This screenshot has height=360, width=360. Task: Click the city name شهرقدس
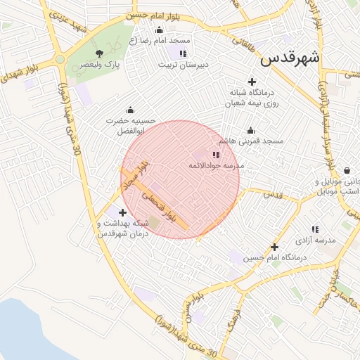point(290,58)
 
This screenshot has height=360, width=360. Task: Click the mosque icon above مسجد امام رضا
point(159,30)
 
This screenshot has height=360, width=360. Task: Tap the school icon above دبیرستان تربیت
point(183,53)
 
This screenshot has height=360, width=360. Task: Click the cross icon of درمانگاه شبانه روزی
point(252,82)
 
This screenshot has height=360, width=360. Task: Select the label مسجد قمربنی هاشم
point(255,141)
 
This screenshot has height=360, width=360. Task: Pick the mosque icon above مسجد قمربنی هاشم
point(250,130)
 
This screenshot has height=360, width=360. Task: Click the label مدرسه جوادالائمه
point(215,165)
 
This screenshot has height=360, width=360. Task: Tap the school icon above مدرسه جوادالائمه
point(216,154)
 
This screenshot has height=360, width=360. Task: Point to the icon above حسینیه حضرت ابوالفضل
point(130,110)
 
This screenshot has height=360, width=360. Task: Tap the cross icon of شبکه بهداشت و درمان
point(123,212)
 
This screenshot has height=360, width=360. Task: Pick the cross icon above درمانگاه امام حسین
point(274,247)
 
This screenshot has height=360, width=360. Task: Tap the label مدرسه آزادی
point(316,240)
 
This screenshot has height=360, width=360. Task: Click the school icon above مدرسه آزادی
point(315,229)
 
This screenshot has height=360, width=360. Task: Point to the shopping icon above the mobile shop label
point(347,170)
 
